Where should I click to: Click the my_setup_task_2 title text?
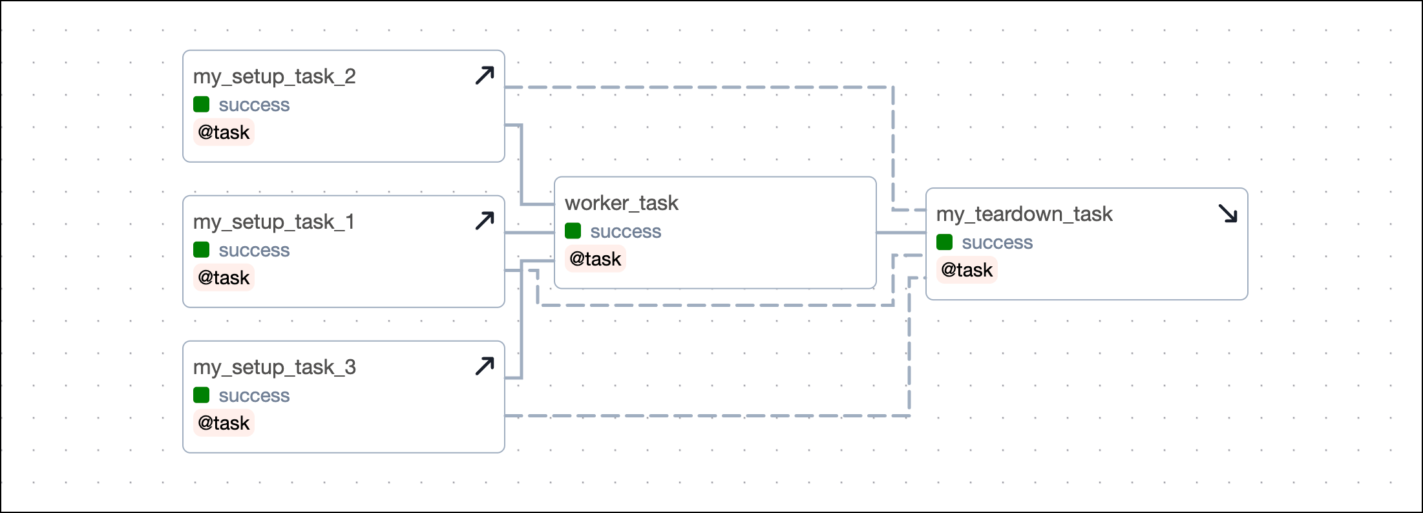[274, 77]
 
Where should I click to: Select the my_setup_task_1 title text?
[273, 222]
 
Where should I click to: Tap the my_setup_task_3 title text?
[274, 368]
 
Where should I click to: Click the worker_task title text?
[621, 204]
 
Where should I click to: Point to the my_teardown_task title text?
[1024, 215]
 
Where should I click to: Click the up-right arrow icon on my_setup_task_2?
[485, 76]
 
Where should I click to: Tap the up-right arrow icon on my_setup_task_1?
[485, 221]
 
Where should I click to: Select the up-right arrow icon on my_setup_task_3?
[485, 366]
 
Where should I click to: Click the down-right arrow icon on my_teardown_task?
[1227, 213]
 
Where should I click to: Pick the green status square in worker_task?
[573, 231]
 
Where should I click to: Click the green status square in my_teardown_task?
[944, 242]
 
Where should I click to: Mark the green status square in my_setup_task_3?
[201, 395]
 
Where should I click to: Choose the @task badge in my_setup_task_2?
[224, 132]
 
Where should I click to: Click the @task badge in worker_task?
[595, 259]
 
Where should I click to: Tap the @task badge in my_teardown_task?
[967, 270]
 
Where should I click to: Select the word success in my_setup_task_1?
[254, 251]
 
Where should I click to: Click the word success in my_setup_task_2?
[254, 105]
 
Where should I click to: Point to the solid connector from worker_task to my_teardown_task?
[901, 233]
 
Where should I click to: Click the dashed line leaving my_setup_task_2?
[698, 87]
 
